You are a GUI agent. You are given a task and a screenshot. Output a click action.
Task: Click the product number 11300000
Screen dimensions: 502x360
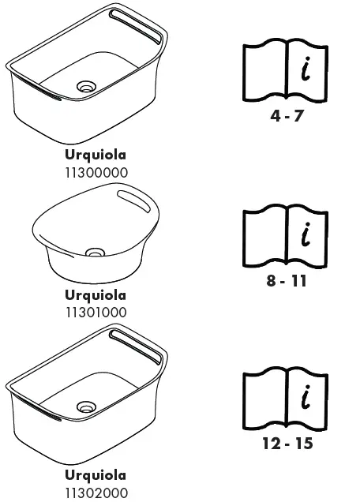96,172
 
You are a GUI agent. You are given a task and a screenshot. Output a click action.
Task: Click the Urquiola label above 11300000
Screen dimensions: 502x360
96,155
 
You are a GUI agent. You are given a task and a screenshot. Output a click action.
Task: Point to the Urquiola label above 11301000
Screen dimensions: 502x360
96,295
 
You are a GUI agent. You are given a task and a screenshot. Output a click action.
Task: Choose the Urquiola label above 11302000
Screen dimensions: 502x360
96,475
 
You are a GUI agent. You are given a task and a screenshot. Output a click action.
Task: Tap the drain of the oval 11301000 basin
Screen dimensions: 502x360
96,253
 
